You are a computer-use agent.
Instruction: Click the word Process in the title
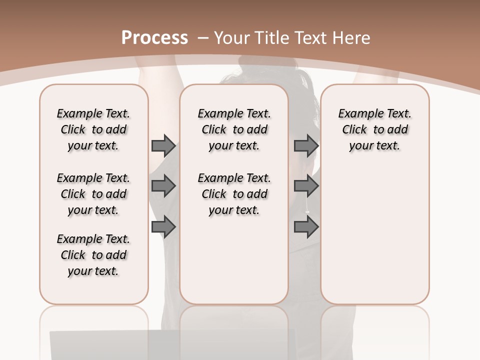154,37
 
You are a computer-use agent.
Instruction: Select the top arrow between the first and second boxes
163,145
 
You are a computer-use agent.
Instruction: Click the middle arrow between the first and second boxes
163,186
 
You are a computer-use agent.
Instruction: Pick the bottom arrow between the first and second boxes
163,227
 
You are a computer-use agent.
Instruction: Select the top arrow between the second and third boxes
306,145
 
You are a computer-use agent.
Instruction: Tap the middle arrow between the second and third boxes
306,186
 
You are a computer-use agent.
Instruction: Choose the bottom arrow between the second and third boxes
306,227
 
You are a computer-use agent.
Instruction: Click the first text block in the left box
93,129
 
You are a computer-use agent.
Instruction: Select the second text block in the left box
93,194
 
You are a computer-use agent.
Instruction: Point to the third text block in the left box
93,255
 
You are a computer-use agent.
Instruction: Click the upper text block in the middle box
234,129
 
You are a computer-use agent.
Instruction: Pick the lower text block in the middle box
234,194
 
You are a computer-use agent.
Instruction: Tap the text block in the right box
375,129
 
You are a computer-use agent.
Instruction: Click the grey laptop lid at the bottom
170,345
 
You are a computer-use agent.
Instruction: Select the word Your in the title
232,37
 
